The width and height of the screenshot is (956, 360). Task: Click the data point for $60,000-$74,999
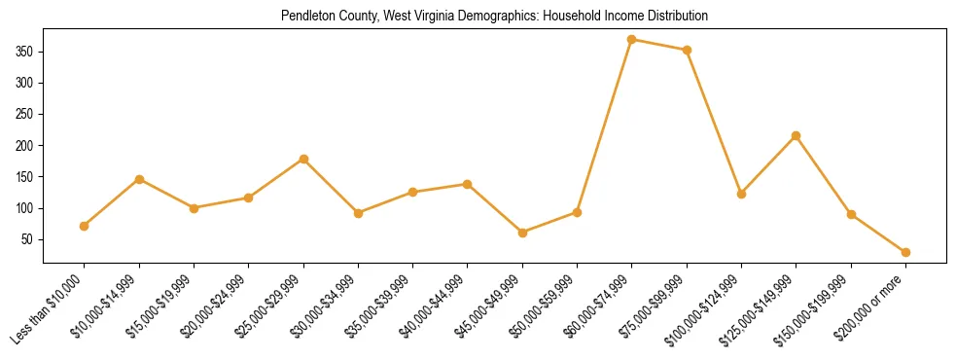(632, 40)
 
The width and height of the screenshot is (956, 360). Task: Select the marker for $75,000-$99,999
(687, 50)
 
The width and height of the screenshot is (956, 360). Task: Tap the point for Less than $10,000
(85, 226)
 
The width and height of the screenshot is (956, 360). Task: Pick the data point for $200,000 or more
(905, 252)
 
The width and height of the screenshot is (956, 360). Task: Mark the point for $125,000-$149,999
(797, 135)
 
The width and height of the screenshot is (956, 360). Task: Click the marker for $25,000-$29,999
(303, 159)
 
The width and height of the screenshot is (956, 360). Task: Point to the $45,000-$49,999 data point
(522, 233)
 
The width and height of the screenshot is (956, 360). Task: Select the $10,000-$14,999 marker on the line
(139, 179)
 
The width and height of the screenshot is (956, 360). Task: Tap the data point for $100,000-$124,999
(741, 194)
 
